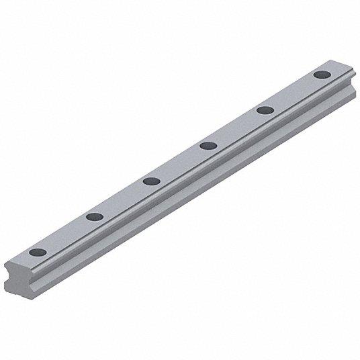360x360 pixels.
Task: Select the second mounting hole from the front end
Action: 95,216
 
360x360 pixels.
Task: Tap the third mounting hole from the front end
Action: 151,180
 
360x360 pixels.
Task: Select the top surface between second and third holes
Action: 123,198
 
